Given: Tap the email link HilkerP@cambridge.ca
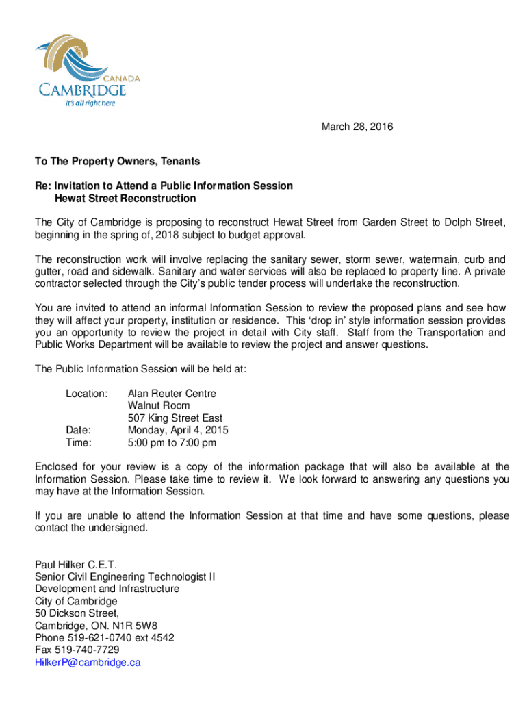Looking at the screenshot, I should [x=88, y=663].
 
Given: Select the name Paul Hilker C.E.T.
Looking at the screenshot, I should [x=76, y=564].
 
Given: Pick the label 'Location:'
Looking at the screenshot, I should [x=86, y=394].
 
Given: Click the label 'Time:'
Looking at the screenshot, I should [x=78, y=443].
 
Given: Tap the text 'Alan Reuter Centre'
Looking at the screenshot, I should [x=172, y=394].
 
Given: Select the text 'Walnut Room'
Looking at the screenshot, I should [x=159, y=406].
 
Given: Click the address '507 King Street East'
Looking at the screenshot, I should [x=175, y=418].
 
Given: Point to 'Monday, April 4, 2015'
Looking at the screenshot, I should [x=178, y=431].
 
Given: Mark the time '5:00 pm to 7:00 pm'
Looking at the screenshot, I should [x=172, y=443].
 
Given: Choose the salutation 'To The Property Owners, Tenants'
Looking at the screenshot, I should [x=117, y=162].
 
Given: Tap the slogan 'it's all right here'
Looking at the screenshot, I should [x=90, y=103].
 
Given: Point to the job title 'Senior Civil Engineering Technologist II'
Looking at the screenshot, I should [x=125, y=576].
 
